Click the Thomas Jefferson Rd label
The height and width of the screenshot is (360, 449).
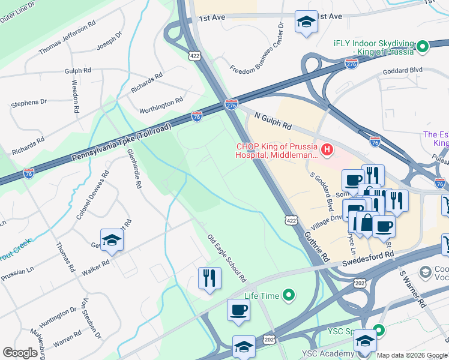click(x=67, y=39)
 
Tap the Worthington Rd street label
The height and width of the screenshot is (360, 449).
click(x=161, y=106)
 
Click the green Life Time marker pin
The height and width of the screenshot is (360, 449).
click(x=289, y=295)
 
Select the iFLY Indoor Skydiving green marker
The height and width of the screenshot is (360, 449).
click(x=423, y=46)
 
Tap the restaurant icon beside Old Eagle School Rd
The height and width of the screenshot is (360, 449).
click(x=209, y=278)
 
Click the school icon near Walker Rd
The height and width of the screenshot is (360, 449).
click(x=112, y=240)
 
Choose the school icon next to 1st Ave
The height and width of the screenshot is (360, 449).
click(x=306, y=22)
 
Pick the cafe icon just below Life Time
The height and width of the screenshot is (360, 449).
click(x=238, y=310)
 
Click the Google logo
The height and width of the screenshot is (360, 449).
click(x=20, y=353)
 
